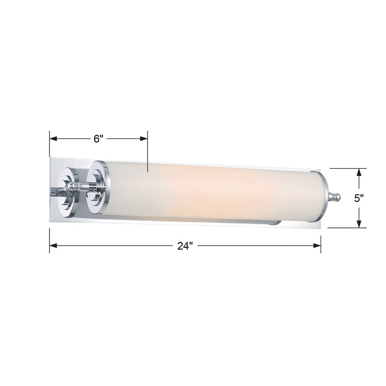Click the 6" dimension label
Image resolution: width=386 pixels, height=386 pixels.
coord(98,139)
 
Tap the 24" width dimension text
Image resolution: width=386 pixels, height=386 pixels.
coord(185,246)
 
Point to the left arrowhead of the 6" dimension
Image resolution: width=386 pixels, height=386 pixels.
coord(53,139)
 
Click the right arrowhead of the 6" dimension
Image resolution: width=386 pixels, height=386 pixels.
coord(144,139)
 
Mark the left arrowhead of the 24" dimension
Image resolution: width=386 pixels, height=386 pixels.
coord(53,245)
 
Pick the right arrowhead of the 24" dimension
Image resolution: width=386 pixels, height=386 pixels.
coord(317,245)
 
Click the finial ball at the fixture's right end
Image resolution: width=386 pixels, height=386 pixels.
coord(337,197)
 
